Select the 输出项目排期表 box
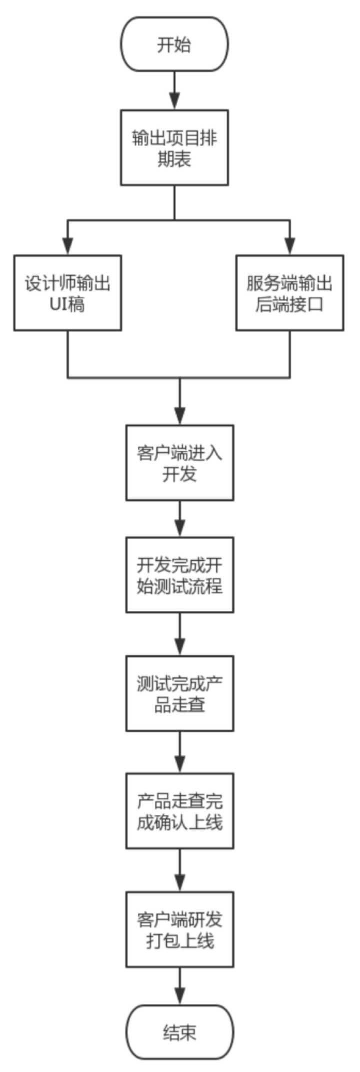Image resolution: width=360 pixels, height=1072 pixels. [x=174, y=148]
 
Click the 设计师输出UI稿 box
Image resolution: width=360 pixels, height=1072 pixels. [x=67, y=293]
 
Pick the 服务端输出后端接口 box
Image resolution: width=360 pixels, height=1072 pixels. [x=289, y=293]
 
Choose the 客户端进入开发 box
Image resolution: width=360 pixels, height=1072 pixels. [x=179, y=463]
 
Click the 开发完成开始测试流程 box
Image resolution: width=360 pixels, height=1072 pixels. [x=179, y=575]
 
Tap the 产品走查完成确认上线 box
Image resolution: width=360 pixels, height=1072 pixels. [x=179, y=811]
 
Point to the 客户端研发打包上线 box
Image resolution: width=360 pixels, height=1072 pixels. [x=179, y=929]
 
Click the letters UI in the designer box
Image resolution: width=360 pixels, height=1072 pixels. [x=58, y=305]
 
